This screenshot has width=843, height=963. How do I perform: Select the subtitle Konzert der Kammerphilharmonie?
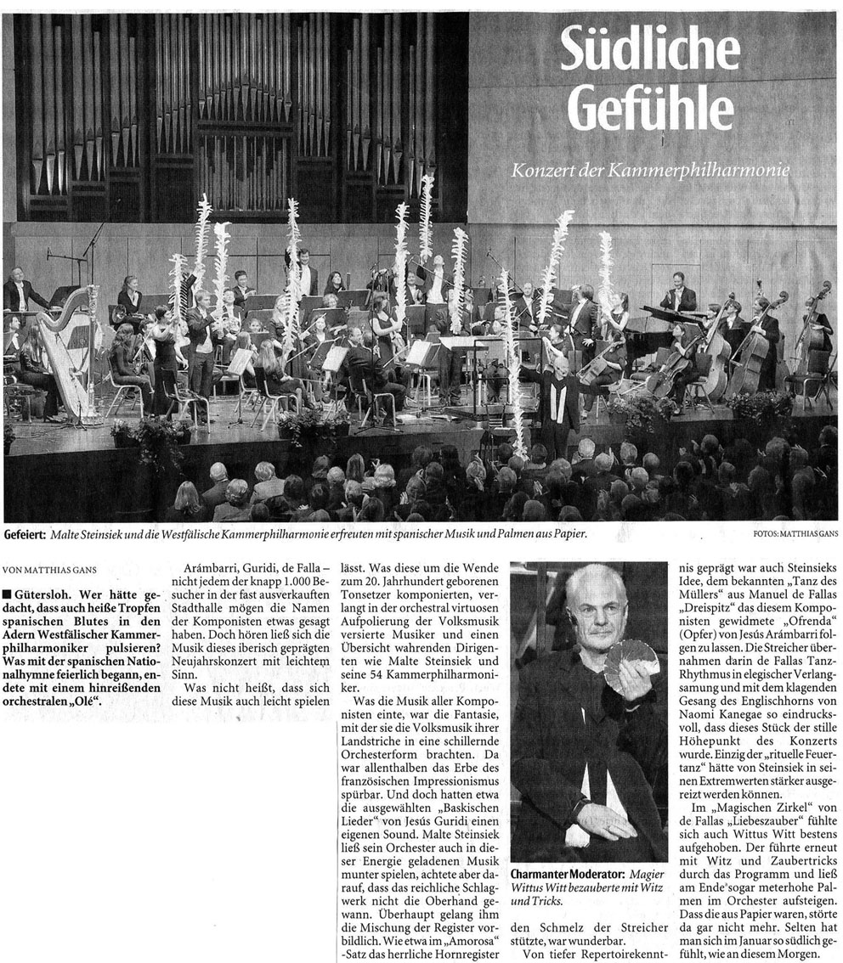coord(651,171)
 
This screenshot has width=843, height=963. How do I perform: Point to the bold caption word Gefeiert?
coord(26,534)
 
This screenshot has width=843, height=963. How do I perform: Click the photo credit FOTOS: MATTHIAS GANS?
coord(795,534)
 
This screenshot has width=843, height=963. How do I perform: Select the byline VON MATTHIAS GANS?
coord(49,569)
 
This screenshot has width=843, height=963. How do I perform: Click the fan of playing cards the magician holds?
coord(630,656)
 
